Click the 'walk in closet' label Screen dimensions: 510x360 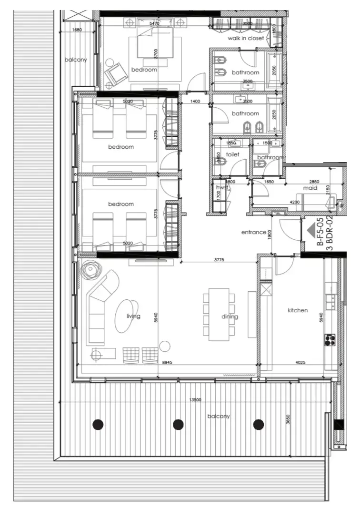coord(245,38)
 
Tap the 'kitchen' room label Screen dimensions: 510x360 coord(298,310)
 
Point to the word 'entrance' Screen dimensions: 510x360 coord(253,232)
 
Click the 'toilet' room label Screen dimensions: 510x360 coord(232,154)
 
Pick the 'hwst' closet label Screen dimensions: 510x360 coord(222,188)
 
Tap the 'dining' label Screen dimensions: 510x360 coord(230,316)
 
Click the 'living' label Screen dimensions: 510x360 coord(133,316)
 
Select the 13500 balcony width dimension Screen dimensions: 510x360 coord(194,400)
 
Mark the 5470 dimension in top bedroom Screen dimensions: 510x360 coord(154,23)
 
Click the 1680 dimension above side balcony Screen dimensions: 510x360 coord(77,30)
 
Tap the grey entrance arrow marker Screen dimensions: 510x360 coord(312,231)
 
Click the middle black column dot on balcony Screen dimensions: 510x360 coord(179,424)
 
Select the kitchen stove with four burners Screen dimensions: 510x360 coord(330,340)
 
